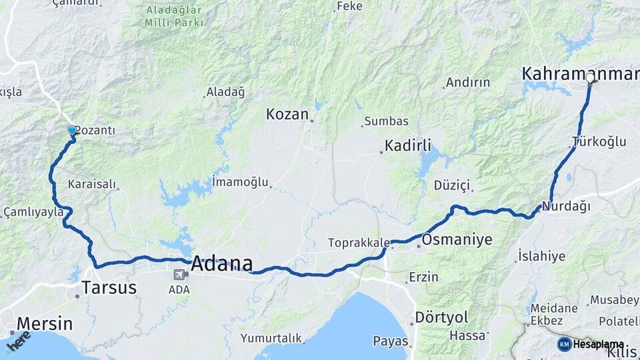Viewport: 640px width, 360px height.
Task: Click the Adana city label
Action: [x=222, y=264]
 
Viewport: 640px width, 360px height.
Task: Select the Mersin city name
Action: [x=45, y=324]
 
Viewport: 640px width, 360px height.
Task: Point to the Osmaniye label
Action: [x=457, y=239]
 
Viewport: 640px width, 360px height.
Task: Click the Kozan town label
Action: [x=287, y=114]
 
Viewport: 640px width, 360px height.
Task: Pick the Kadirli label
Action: [x=408, y=145]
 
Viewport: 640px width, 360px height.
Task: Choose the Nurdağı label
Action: [x=566, y=207]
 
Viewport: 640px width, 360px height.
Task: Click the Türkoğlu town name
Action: [x=599, y=141]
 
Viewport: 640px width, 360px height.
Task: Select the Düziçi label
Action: [x=452, y=185]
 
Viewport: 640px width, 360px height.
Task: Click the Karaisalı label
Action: [x=92, y=184]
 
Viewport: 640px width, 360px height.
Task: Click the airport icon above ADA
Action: [x=179, y=275]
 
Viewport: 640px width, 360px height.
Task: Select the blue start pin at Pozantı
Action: [x=72, y=131]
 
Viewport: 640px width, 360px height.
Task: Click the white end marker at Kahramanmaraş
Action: [x=590, y=78]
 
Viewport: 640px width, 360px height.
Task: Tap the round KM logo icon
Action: [x=565, y=344]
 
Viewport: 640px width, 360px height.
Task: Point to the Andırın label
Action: [x=468, y=83]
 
